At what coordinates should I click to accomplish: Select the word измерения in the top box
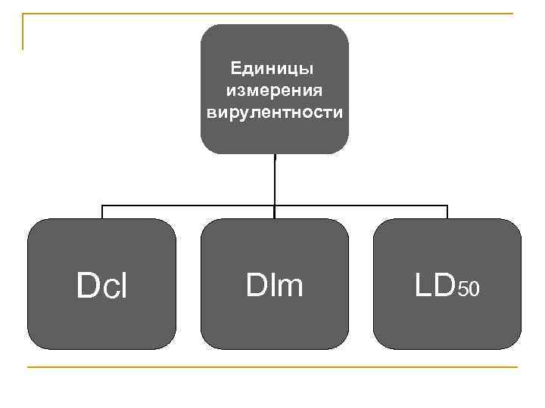274,91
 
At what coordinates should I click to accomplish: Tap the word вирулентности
274,113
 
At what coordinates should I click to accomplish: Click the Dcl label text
102,286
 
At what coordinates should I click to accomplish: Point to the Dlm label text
274,285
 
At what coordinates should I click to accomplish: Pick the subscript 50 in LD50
469,289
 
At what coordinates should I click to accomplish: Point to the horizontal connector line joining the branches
189,206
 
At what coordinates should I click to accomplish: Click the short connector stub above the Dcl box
102,212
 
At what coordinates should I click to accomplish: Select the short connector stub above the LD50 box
447,212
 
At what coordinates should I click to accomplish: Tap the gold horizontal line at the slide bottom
272,368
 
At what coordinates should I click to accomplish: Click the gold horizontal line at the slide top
272,14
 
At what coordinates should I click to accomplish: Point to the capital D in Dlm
255,285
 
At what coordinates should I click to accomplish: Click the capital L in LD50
422,285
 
